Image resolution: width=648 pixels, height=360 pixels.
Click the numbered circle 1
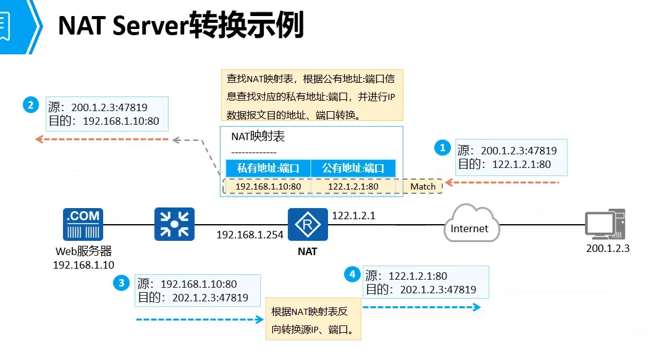442,148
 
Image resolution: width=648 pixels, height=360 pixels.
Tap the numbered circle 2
31,105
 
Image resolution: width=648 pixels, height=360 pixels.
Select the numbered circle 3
121,283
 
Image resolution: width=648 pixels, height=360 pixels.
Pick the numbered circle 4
352,274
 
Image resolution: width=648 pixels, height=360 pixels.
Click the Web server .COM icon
83,224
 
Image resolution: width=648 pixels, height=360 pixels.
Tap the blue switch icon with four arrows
174,224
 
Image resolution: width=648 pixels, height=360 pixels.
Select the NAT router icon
308,224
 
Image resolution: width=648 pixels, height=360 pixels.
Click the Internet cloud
471,224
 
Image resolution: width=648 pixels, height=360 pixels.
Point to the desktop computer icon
605,224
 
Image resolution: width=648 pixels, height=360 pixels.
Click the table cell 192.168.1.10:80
268,186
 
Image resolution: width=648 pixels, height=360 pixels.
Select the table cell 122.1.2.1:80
353,186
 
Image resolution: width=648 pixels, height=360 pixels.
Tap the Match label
423,186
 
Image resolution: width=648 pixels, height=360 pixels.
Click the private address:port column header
268,168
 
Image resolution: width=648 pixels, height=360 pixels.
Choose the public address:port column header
353,168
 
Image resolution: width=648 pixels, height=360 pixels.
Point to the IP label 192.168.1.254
250,235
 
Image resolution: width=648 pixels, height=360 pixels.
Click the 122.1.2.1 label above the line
354,216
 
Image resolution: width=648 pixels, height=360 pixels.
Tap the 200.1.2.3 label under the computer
607,248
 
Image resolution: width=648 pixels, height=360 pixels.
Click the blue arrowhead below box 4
477,307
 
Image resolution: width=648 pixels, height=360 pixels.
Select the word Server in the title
151,25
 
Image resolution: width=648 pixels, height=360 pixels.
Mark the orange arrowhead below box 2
40,140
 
